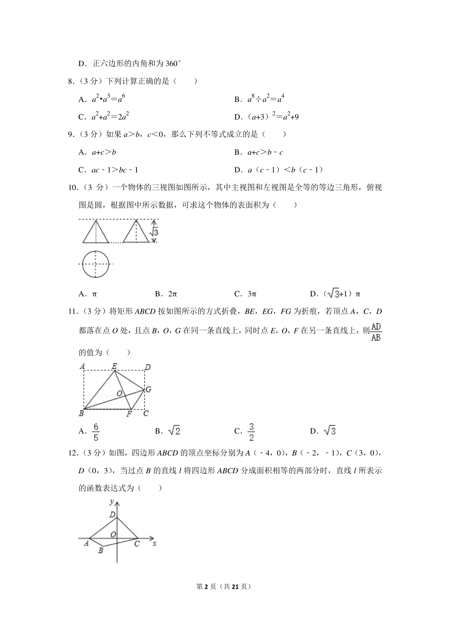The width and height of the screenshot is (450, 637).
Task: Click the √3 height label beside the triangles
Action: tap(154, 232)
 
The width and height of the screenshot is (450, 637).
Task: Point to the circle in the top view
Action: tap(96, 264)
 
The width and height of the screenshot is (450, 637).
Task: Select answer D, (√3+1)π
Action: tap(336, 294)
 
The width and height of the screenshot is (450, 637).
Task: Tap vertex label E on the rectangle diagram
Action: tap(114, 366)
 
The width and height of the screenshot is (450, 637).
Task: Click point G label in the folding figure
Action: tap(148, 389)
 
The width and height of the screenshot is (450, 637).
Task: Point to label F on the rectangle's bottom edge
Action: tap(129, 414)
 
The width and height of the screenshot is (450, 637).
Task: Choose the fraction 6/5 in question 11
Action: tap(96, 432)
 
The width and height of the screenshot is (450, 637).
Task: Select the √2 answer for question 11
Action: tap(174, 431)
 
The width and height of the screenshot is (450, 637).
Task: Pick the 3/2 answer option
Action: tap(251, 432)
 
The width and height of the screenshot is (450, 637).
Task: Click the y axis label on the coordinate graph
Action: tap(111, 502)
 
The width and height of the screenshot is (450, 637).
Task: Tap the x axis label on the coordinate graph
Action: tap(154, 543)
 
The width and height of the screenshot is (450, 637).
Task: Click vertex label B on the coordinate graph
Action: tap(100, 551)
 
